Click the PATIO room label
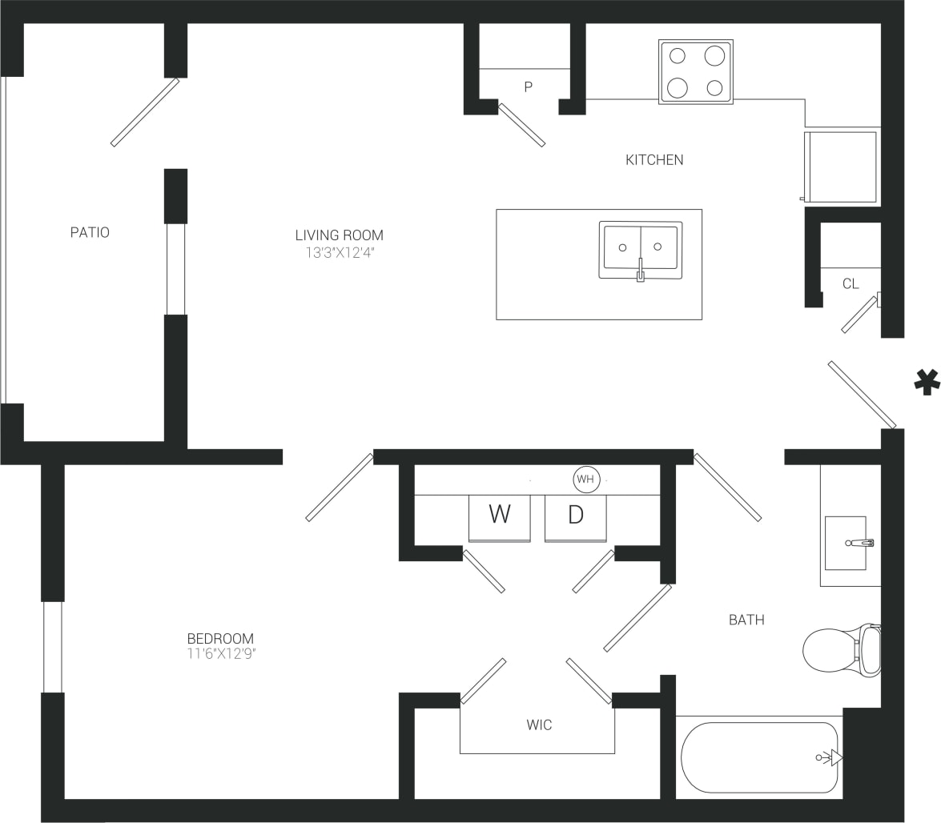(x=90, y=233)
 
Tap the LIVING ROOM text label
(x=339, y=235)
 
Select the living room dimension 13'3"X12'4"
(x=339, y=252)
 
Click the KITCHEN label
(x=654, y=160)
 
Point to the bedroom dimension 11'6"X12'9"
(x=220, y=654)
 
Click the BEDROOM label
(x=220, y=639)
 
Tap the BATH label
(x=746, y=620)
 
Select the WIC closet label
(x=539, y=725)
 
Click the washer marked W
(x=500, y=516)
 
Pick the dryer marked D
(x=575, y=516)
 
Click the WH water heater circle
(x=586, y=480)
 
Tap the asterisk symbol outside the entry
(x=927, y=382)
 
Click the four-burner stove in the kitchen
(x=695, y=72)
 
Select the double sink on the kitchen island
(x=641, y=250)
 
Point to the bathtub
(x=759, y=757)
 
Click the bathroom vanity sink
(x=847, y=543)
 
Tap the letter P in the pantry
(x=528, y=87)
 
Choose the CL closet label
(x=851, y=284)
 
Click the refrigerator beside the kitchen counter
(x=841, y=167)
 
